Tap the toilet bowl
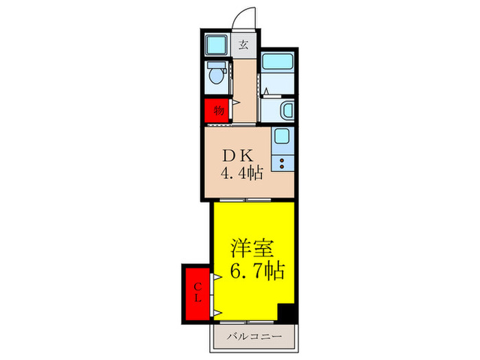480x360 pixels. click(217, 77)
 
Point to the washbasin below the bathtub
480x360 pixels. click(287, 109)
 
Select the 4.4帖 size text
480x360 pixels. click(241, 174)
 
